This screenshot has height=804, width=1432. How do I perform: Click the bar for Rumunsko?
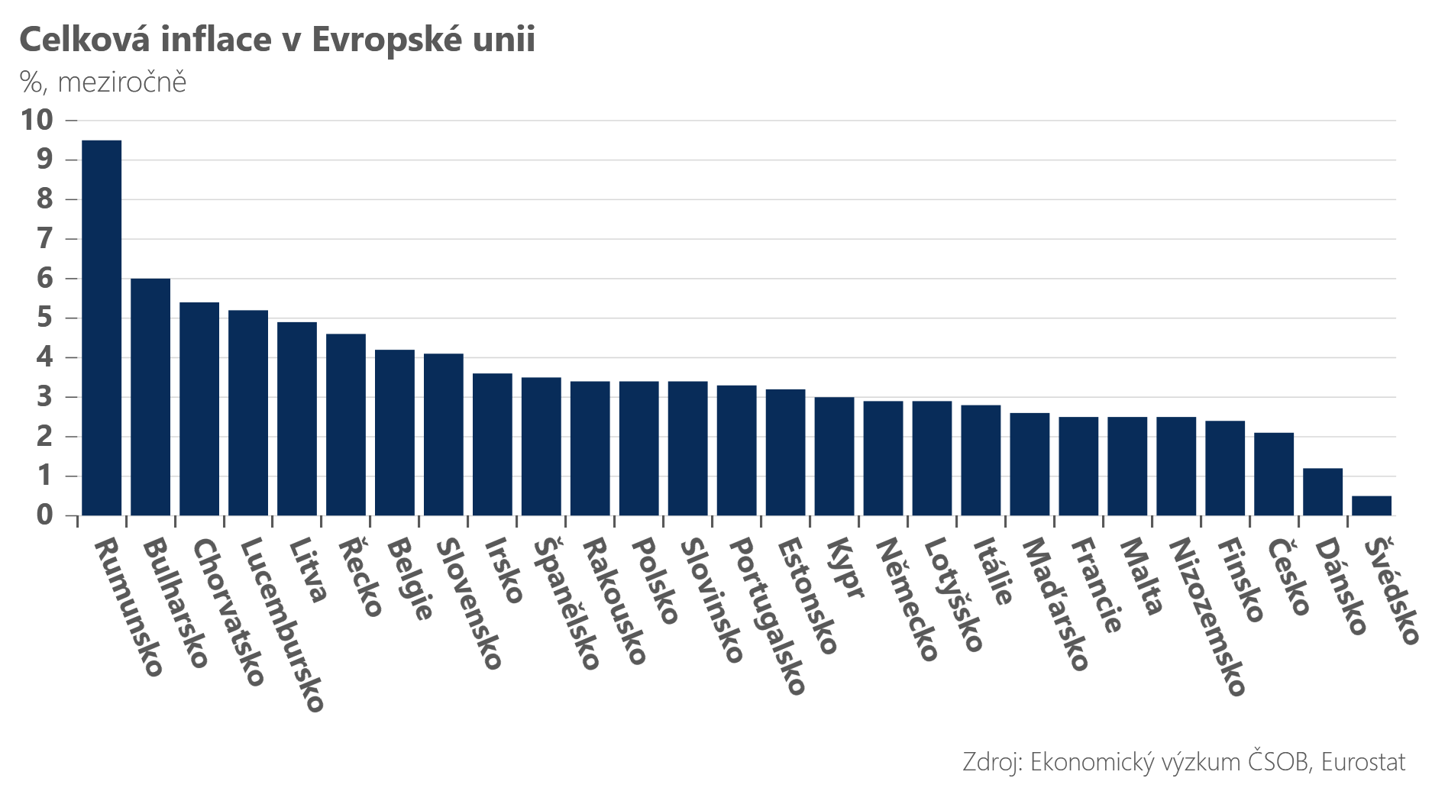tap(102, 328)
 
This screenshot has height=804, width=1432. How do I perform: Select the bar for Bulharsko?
tap(150, 397)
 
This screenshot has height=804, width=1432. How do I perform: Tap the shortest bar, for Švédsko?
tap(1372, 505)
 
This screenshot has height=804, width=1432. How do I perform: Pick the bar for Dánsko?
tap(1323, 492)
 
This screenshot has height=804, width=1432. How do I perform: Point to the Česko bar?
tap(1274, 474)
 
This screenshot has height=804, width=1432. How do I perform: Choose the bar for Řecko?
tap(346, 425)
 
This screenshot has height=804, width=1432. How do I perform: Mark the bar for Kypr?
tap(835, 457)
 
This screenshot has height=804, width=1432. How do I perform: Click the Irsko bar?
tap(493, 444)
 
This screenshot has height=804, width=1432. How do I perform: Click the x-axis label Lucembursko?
tap(283, 625)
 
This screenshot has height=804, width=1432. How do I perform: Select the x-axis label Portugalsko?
tap(768, 616)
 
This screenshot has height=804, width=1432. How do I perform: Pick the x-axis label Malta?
tap(1141, 576)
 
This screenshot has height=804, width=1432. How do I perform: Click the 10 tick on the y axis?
tap(37, 120)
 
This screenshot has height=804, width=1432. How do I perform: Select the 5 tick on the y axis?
tap(45, 318)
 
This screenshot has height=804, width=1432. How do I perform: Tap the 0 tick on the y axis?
tap(45, 515)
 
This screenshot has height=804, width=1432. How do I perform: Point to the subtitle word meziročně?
tap(122, 82)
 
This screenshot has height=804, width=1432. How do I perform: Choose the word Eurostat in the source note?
tap(1363, 762)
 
